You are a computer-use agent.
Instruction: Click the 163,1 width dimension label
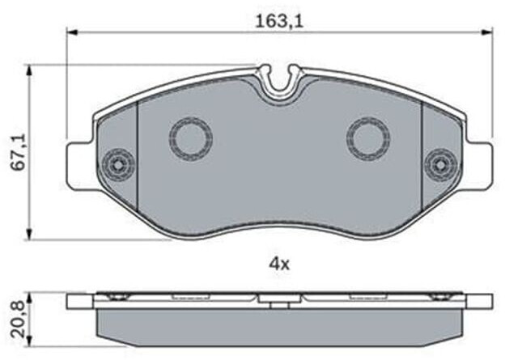tap(279, 22)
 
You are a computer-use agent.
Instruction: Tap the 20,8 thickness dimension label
tap(19, 320)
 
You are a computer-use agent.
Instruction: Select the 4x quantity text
tap(279, 265)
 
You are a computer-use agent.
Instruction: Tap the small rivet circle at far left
tap(118, 165)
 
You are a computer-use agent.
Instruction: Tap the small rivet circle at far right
tap(440, 165)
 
